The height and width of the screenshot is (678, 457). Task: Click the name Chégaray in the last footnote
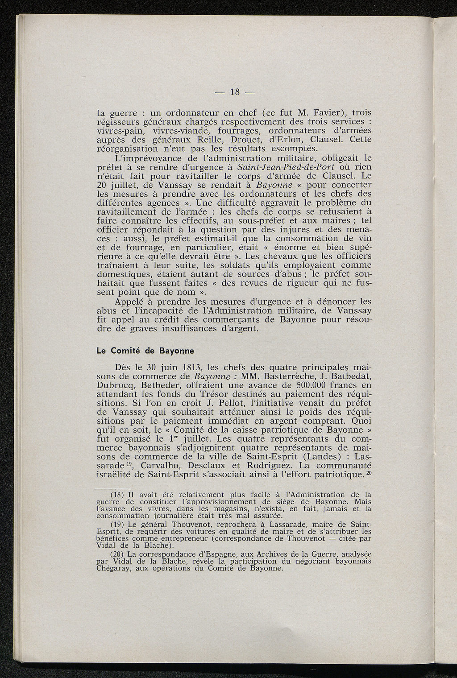click(115, 569)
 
